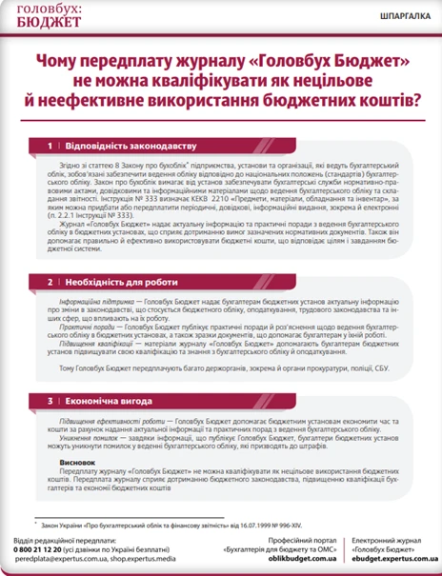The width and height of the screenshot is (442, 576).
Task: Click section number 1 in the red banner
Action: (x=50, y=147)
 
